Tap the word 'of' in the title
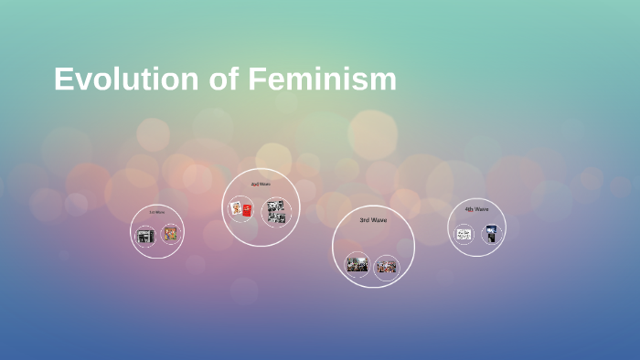point(225,79)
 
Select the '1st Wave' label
point(157,212)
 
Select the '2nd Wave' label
point(261,185)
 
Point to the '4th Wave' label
point(476,209)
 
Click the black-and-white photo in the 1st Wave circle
point(144,236)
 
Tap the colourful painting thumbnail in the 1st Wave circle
point(170,234)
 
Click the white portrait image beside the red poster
point(237,209)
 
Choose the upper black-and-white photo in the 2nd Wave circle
point(275,206)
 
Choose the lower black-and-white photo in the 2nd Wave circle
point(275,218)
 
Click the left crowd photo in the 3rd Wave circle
point(357,266)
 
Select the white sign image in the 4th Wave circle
point(464,235)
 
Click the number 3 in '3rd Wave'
point(362,220)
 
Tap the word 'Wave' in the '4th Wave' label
point(481,209)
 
